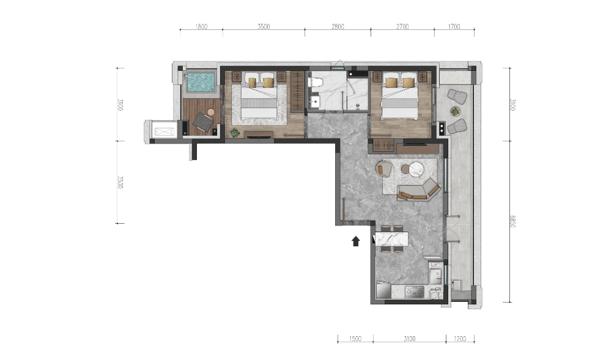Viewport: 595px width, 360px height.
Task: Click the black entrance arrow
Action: (355, 241)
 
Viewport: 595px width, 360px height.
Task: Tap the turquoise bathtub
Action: (201, 82)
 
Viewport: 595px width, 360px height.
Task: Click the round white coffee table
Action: (416, 169)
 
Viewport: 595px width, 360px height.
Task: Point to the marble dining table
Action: (391, 238)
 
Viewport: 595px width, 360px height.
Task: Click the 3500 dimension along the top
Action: (264, 26)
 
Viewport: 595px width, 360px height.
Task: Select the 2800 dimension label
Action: (338, 26)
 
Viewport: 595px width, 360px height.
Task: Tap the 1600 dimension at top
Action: (201, 26)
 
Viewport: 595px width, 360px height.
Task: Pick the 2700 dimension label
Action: (402, 26)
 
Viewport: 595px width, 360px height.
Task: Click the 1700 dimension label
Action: (454, 26)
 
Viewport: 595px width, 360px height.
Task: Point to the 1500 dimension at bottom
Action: (355, 339)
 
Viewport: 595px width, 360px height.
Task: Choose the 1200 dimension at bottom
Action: (460, 339)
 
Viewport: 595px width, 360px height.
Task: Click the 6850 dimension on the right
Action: (512, 221)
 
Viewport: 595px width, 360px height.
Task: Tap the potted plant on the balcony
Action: (456, 111)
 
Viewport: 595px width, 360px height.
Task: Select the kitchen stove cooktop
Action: (414, 292)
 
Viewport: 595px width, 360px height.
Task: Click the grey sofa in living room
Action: (419, 191)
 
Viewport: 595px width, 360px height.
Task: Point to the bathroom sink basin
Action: (314, 101)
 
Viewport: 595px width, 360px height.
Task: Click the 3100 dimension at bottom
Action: (410, 339)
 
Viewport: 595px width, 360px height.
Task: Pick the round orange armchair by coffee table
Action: (385, 169)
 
